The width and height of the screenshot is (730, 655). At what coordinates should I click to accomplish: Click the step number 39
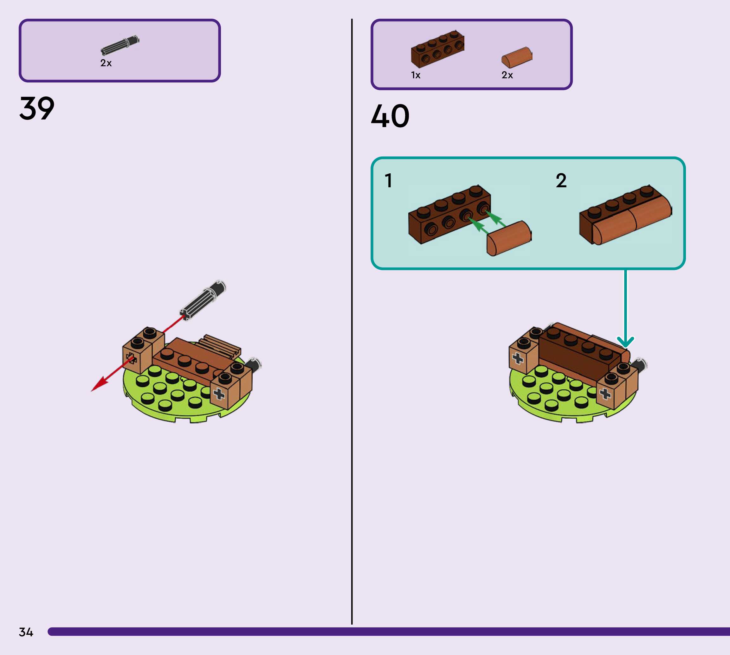(x=37, y=108)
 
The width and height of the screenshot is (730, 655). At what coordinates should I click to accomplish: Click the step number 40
(x=390, y=116)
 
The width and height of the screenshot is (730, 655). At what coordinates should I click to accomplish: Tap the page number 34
(x=26, y=632)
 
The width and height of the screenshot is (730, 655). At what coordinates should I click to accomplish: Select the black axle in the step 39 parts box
(x=120, y=45)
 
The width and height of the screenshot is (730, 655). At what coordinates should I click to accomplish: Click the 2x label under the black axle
(x=106, y=63)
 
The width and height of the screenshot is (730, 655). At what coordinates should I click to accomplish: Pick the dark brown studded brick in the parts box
(x=437, y=49)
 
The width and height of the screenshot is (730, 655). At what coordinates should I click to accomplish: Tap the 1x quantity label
(x=416, y=75)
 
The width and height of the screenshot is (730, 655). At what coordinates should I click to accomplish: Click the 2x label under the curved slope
(x=507, y=75)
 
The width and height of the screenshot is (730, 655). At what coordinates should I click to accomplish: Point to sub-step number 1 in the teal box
(x=388, y=181)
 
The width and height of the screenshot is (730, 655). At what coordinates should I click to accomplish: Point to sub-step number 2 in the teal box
(x=561, y=181)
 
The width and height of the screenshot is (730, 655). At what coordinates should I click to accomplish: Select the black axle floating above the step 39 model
(x=203, y=300)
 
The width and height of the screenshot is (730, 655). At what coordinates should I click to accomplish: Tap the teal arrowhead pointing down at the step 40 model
(x=625, y=342)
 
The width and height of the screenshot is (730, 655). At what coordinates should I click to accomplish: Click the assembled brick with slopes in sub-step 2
(x=626, y=215)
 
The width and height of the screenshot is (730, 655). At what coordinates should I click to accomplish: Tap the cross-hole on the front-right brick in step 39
(x=219, y=394)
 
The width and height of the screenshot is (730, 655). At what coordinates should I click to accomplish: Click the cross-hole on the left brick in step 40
(x=518, y=358)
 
